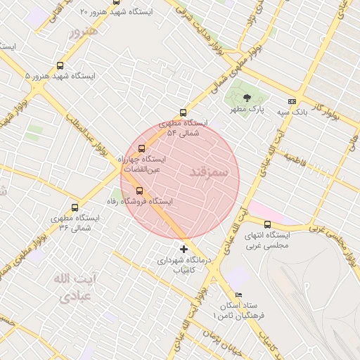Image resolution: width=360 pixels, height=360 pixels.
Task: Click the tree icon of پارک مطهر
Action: click(247, 97)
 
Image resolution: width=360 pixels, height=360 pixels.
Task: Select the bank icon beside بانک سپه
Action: click(292, 101)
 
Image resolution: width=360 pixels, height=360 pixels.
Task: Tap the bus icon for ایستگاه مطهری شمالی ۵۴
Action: click(184, 112)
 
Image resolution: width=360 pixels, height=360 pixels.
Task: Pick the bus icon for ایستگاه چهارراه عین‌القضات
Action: click(142, 148)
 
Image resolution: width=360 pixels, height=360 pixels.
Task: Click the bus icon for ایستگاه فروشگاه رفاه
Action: click(139, 190)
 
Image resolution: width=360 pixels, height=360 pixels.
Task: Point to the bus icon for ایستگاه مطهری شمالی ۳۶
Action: click(75, 207)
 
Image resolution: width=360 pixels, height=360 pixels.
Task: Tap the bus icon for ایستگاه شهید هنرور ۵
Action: click(60, 65)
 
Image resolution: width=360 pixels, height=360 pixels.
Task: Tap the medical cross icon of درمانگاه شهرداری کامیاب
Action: click(184, 249)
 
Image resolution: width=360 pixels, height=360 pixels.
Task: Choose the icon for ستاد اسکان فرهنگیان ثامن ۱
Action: click(239, 295)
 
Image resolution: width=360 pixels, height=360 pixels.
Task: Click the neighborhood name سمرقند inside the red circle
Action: click(210, 172)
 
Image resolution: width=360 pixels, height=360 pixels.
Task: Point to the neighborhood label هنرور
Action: click(83, 32)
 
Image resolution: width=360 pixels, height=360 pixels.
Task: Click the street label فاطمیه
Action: click(302, 161)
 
